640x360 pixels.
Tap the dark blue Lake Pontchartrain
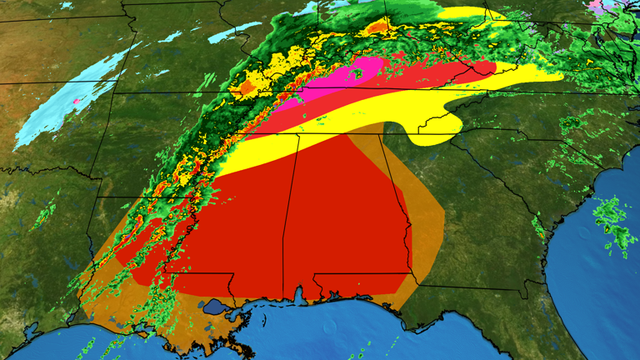click(x=215, y=307)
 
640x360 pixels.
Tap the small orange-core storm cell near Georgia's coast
click(x=542, y=234)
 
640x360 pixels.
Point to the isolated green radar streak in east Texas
click(x=42, y=218)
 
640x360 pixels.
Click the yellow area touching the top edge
click(x=467, y=11)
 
